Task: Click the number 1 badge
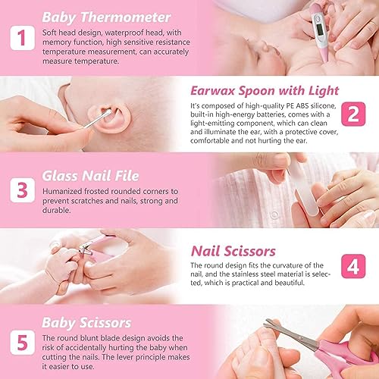pyautogui.click(x=22, y=38)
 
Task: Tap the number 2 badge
pyautogui.click(x=353, y=114)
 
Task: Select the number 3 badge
pyautogui.click(x=22, y=190)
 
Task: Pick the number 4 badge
pyautogui.click(x=353, y=266)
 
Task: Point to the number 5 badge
pyautogui.click(x=22, y=343)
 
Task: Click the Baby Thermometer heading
pyautogui.click(x=106, y=17)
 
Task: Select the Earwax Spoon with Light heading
pyautogui.click(x=265, y=91)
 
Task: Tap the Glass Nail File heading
pyautogui.click(x=90, y=176)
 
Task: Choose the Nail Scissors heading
pyautogui.click(x=233, y=251)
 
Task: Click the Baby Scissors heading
pyautogui.click(x=86, y=323)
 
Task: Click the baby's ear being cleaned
pyautogui.click(x=109, y=118)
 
